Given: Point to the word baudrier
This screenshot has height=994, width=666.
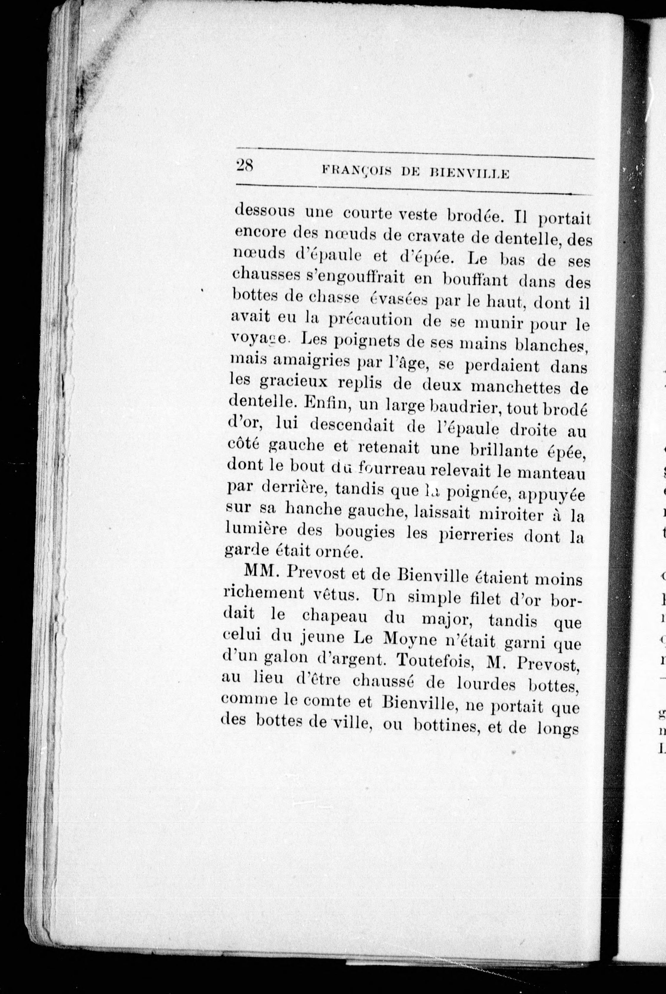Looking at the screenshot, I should pos(466,408).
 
